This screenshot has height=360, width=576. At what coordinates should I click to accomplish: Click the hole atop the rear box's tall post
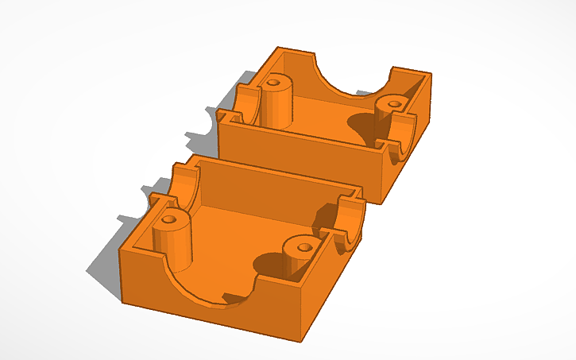[275, 81]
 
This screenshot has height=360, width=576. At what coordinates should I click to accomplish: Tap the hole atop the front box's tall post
[168, 217]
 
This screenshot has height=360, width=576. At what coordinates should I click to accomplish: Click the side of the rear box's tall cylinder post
[274, 107]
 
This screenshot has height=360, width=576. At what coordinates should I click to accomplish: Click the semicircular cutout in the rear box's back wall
[352, 75]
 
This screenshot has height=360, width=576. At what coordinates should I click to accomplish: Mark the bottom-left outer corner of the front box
[123, 300]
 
